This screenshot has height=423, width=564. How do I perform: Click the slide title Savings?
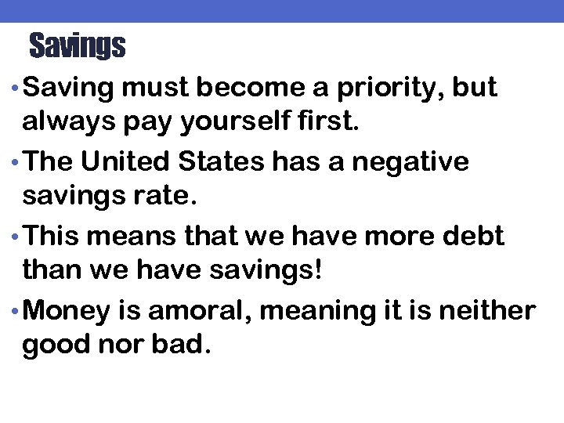[77, 47]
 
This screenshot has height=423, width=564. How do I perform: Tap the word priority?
[389, 89]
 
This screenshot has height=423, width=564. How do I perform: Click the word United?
[128, 162]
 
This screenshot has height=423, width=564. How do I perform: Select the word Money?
[67, 311]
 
